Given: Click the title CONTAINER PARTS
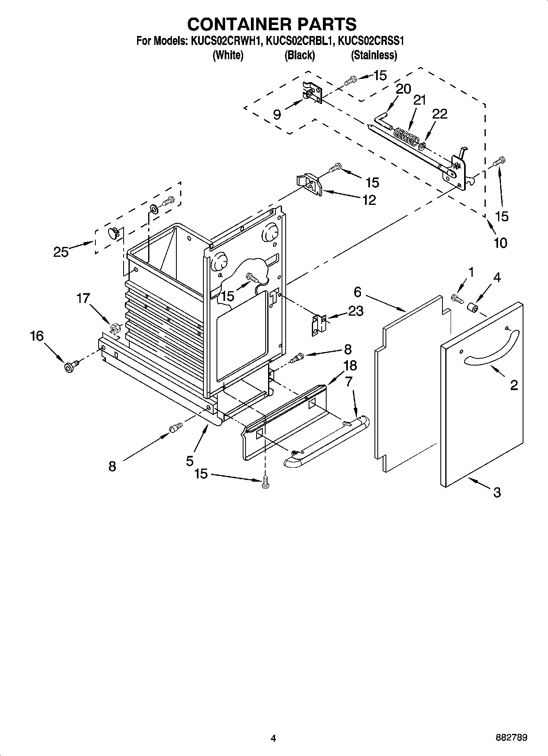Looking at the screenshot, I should (272, 24).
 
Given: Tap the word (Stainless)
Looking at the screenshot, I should (374, 55).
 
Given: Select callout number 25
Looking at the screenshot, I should (61, 252).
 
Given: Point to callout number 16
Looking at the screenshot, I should (36, 336).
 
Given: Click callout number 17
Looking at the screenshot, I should (83, 298).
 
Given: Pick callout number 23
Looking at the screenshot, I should (356, 311).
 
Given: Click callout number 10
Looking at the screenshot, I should (500, 242).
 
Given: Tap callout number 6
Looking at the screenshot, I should (358, 292).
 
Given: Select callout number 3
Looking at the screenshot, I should (497, 493).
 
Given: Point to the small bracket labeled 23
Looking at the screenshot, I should (319, 325).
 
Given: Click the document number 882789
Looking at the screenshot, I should (511, 738).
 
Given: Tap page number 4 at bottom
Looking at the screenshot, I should (273, 738).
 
